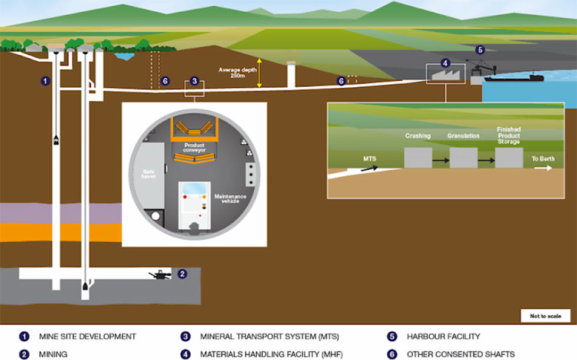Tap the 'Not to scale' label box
pyautogui.click(x=545, y=316)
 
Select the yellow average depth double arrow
pyautogui.click(x=260, y=73)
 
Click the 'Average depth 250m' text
pyautogui.click(x=237, y=72)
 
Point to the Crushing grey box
pyautogui.click(x=418, y=158)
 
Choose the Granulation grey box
pyautogui.click(x=464, y=158)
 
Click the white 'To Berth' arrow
pyautogui.click(x=543, y=168)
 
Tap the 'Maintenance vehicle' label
pyautogui.click(x=230, y=199)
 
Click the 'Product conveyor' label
pyautogui.click(x=194, y=148)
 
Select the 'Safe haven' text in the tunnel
pyautogui.click(x=148, y=174)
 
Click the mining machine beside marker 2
pyautogui.click(x=160, y=275)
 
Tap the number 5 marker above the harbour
pyautogui.click(x=480, y=49)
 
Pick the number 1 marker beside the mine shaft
pyautogui.click(x=45, y=81)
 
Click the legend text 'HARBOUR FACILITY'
pyautogui.click(x=443, y=336)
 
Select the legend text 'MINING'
pyautogui.click(x=53, y=354)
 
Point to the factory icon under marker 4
pyautogui.click(x=446, y=75)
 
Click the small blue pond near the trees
pyautogui.click(x=124, y=57)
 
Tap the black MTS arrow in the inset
pyautogui.click(x=370, y=169)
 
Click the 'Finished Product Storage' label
pyautogui.click(x=509, y=136)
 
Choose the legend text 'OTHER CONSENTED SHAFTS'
pyautogui.click(x=460, y=354)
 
